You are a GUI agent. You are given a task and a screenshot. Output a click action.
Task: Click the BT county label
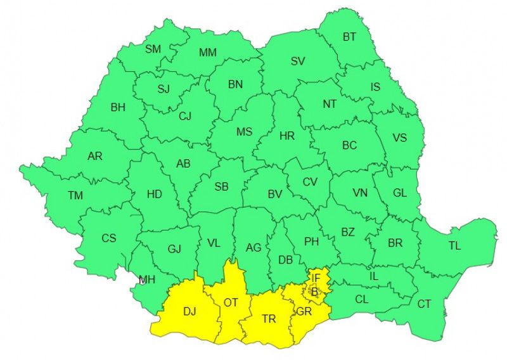(x=350, y=37)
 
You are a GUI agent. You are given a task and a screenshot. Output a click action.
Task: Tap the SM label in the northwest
(x=153, y=49)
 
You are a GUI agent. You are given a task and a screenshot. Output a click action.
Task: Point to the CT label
(x=424, y=304)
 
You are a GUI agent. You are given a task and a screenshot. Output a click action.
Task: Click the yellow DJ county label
(x=189, y=311)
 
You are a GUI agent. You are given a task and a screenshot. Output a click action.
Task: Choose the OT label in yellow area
(x=231, y=302)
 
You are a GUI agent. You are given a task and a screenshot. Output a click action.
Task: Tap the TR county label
(x=269, y=319)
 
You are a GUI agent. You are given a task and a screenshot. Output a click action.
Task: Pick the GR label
(x=304, y=312)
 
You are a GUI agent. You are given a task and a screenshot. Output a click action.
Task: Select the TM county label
(x=75, y=195)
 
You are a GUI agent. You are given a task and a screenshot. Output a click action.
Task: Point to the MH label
(x=147, y=280)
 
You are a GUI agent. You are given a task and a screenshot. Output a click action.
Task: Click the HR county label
(x=287, y=136)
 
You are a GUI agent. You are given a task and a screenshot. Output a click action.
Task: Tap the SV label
(x=298, y=61)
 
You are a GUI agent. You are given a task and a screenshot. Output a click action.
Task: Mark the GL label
(x=400, y=193)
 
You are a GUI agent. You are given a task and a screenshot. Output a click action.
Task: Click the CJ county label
(x=185, y=116)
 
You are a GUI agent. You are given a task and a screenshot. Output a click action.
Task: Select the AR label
(x=94, y=156)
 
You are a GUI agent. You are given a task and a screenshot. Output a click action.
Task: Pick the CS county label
(x=109, y=238)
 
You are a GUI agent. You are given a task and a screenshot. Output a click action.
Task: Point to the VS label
(x=400, y=138)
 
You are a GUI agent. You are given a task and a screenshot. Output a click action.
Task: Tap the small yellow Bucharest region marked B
(x=315, y=292)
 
